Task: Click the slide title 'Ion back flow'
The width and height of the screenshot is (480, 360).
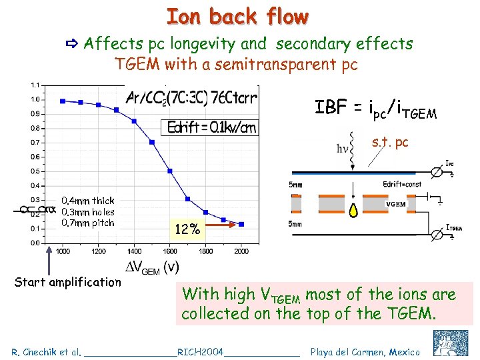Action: (238, 17)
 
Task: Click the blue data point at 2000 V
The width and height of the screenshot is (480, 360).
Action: (241, 225)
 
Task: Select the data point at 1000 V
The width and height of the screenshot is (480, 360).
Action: (63, 101)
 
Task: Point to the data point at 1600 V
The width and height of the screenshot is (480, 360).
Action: (170, 171)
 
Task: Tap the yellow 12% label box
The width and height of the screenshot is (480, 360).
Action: (187, 230)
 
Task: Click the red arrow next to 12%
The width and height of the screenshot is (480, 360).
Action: (219, 225)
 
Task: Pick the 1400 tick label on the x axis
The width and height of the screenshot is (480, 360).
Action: (135, 251)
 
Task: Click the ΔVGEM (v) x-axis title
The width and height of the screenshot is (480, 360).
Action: (153, 267)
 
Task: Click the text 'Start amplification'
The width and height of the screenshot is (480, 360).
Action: (68, 282)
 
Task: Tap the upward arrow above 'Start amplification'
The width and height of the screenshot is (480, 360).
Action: (49, 260)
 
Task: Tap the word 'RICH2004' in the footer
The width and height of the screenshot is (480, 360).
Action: (201, 351)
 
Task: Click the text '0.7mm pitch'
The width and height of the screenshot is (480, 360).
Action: (87, 223)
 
